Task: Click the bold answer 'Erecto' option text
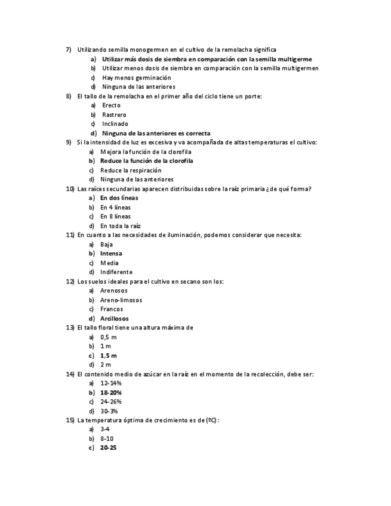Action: (111, 106)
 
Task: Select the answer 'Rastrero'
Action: (114, 115)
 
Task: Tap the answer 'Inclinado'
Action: (115, 124)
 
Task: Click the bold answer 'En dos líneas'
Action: (119, 198)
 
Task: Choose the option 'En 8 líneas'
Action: (115, 216)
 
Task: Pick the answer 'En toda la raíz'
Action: (120, 226)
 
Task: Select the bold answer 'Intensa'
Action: (111, 254)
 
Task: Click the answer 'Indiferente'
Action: (116, 272)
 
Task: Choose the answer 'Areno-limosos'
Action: (121, 300)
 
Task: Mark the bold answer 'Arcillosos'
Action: (114, 319)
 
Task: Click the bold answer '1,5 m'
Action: (108, 356)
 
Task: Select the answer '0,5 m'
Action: (108, 337)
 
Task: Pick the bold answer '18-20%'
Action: (111, 393)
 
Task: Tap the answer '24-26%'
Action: (110, 402)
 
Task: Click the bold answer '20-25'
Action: (108, 448)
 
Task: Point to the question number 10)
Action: (70, 189)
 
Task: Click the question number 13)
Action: (70, 328)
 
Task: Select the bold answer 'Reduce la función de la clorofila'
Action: (146, 161)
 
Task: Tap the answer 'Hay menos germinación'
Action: (136, 78)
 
